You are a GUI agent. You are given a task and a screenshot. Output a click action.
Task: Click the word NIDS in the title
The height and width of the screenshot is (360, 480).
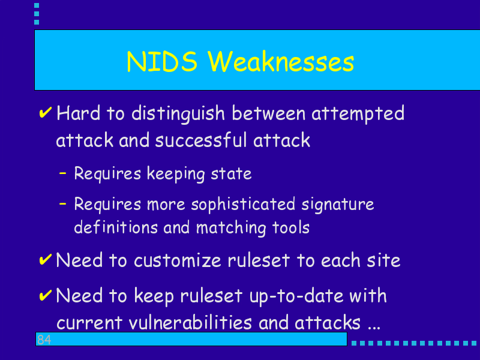(162, 62)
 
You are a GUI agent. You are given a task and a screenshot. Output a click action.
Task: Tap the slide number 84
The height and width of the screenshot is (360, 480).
(44, 340)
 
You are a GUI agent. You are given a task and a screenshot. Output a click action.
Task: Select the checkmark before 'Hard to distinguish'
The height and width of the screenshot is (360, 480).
(46, 112)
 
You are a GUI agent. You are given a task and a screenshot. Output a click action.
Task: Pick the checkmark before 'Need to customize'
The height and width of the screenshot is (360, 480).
(46, 259)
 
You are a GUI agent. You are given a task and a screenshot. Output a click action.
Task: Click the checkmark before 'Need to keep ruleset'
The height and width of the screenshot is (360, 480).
(46, 295)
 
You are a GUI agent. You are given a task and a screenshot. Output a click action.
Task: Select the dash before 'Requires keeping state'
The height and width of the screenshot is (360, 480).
(63, 173)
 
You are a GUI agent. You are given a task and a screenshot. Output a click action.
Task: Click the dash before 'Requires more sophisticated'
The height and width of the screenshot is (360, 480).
(63, 203)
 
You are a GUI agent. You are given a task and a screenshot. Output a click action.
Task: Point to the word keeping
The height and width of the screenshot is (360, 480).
(176, 175)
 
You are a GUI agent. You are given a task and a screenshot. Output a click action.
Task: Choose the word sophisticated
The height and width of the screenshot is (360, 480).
(243, 205)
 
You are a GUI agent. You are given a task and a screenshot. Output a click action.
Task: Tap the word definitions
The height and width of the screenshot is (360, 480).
(116, 227)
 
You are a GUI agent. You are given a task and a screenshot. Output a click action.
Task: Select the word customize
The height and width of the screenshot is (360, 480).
(178, 260)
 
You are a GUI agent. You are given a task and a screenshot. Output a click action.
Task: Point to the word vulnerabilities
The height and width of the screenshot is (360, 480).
(190, 322)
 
